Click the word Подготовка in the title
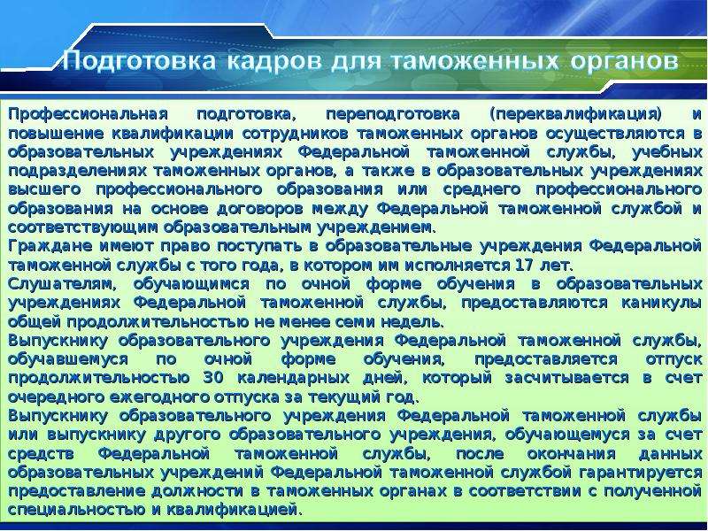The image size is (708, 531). click(139, 61)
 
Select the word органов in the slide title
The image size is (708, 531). click(625, 60)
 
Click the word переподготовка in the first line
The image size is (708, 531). click(392, 115)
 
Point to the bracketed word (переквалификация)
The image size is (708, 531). click(575, 115)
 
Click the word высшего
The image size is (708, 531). click(44, 190)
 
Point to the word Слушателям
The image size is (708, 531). click(62, 284)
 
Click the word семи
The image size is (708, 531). click(356, 322)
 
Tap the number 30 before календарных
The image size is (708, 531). click(213, 378)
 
